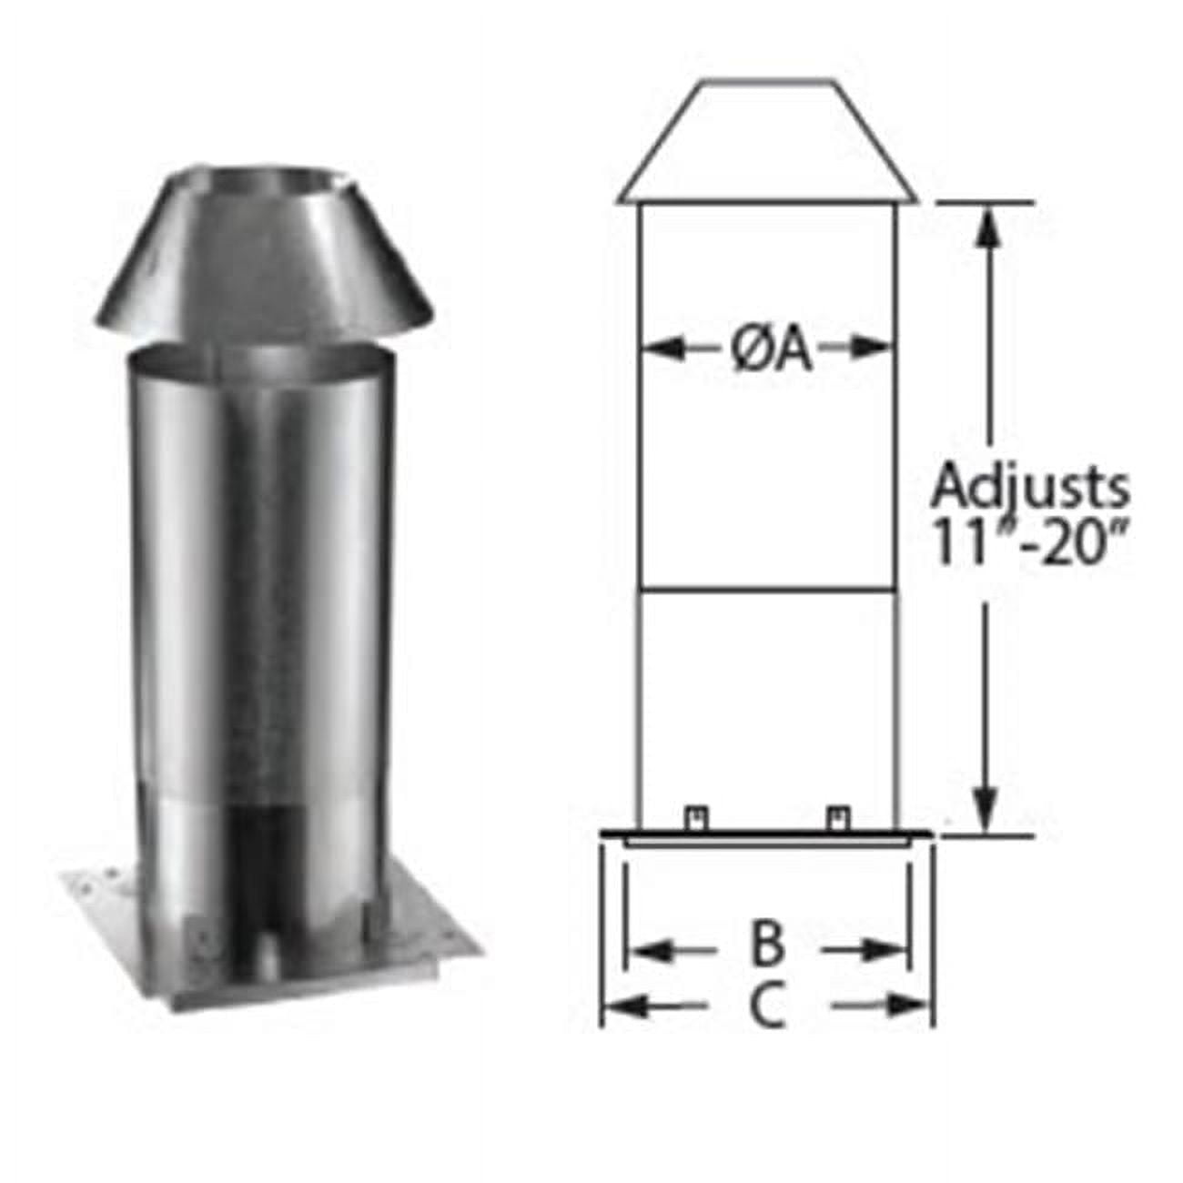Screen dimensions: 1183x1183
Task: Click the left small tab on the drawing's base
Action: (695, 818)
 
